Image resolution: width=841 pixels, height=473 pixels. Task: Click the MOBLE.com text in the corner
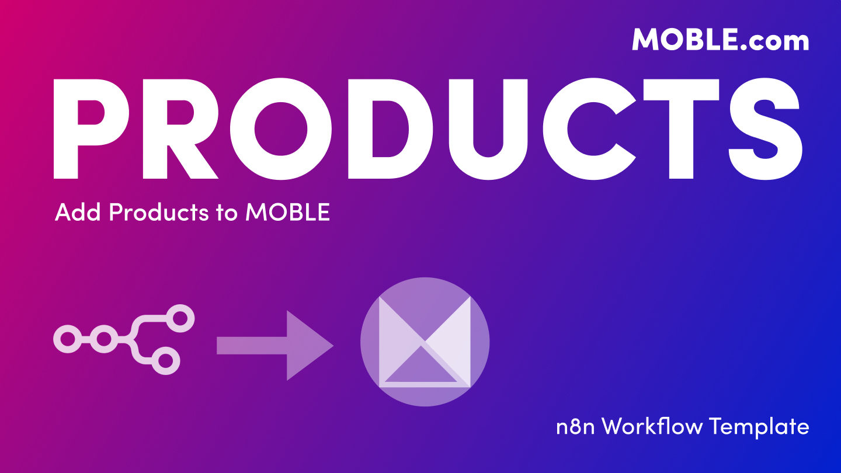coord(721,39)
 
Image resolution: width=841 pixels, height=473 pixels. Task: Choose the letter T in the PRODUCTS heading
coord(681,128)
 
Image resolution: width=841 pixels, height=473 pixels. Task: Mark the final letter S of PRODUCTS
coord(765,128)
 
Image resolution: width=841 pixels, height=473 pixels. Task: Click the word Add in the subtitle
coord(78,212)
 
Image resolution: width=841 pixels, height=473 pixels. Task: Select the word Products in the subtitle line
coord(159,212)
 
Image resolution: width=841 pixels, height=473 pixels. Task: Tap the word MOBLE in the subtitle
coord(287,212)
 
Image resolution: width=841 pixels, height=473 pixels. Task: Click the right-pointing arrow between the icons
coord(275,345)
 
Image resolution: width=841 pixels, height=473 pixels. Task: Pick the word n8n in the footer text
coord(575,426)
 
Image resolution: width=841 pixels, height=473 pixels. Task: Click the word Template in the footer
coord(759,426)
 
